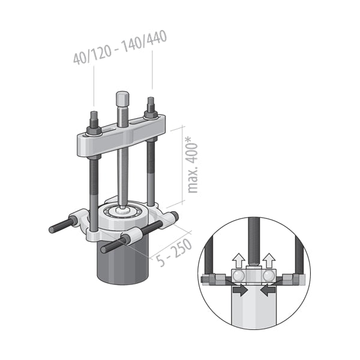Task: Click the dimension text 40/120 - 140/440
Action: click(x=120, y=47)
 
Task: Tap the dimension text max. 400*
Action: click(x=192, y=165)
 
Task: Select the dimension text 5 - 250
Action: click(x=174, y=253)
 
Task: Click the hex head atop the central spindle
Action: click(x=122, y=99)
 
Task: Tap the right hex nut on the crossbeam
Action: click(x=151, y=114)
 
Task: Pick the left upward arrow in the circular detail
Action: click(x=239, y=260)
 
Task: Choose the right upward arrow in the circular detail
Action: click(x=269, y=260)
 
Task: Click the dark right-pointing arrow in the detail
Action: click(x=240, y=290)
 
